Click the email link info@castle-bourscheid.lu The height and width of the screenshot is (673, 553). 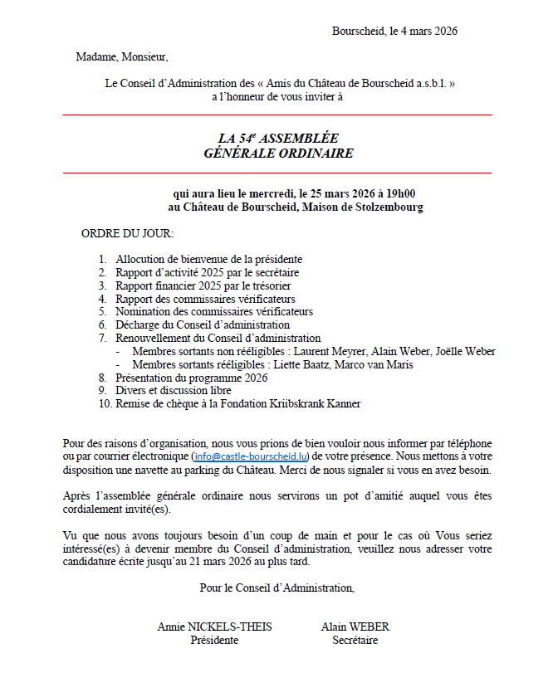tap(250, 456)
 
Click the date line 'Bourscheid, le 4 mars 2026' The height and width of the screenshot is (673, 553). tap(394, 32)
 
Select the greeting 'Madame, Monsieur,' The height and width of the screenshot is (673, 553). tap(121, 57)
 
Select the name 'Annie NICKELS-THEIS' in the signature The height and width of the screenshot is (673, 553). tap(214, 627)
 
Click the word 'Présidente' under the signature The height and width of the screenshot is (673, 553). tap(214, 640)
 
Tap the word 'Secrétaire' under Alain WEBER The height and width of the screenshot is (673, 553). tap(355, 640)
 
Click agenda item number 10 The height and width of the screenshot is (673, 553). tap(104, 404)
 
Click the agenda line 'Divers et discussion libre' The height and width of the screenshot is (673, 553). tap(174, 391)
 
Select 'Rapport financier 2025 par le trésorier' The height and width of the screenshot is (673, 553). tap(203, 285)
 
